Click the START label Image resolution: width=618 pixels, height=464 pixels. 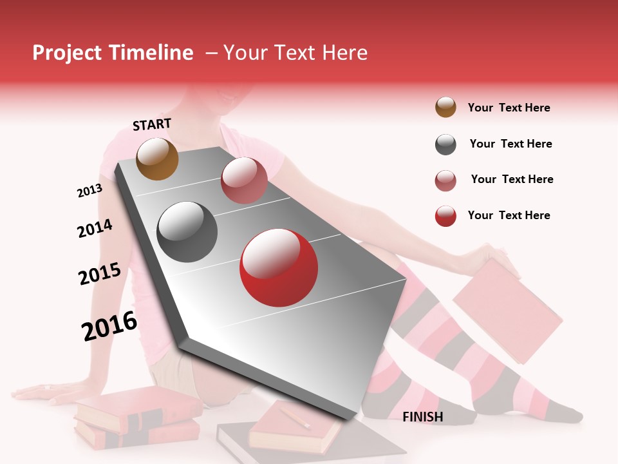click(x=152, y=124)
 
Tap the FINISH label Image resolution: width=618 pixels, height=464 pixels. click(x=422, y=417)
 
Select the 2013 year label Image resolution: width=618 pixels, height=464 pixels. click(x=89, y=191)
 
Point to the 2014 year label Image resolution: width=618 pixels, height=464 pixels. click(x=95, y=228)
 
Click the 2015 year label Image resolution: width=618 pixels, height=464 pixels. click(x=100, y=274)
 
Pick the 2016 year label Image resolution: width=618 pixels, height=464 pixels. click(x=109, y=325)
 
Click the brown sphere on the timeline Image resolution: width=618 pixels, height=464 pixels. click(x=157, y=159)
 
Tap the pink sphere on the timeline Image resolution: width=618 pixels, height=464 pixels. click(x=244, y=180)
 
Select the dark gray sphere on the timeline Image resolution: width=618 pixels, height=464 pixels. click(x=187, y=231)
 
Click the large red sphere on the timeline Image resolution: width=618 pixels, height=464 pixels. click(x=278, y=267)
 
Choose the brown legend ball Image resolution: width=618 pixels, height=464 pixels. click(x=445, y=107)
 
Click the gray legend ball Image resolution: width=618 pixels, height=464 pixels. click(x=445, y=144)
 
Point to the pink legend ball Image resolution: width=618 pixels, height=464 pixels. click(x=445, y=180)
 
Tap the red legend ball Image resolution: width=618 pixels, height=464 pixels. click(x=445, y=216)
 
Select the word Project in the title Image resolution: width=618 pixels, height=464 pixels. click(x=68, y=53)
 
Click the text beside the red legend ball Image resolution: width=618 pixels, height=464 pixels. click(x=509, y=215)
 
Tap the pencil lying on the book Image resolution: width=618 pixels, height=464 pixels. click(x=295, y=416)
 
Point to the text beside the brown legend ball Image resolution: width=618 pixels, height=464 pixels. click(x=509, y=108)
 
